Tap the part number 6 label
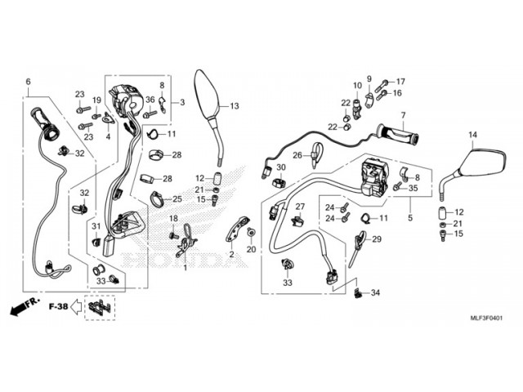(x=28, y=82)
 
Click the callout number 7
(x=403, y=114)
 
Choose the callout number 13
(x=235, y=106)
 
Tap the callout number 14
(x=472, y=134)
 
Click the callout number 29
(x=377, y=239)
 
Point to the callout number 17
(x=400, y=82)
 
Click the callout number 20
(x=252, y=248)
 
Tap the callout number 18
(x=173, y=219)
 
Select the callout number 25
(x=177, y=199)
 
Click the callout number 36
(x=150, y=100)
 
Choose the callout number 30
(x=281, y=167)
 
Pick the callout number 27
(x=300, y=207)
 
